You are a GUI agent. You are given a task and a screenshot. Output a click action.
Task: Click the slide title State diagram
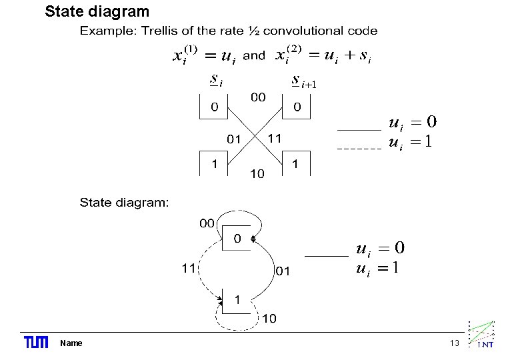[x=97, y=11]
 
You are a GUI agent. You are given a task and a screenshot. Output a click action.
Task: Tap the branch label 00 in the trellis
[x=258, y=97]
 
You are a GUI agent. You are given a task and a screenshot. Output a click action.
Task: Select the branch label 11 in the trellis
[x=275, y=138]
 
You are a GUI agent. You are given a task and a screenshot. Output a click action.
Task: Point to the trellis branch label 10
[x=257, y=174]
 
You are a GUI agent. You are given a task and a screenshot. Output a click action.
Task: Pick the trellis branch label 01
[x=233, y=139]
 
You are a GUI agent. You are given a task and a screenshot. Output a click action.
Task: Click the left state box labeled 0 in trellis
[x=214, y=107]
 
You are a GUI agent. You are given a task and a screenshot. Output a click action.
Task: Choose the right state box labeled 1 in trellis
[x=296, y=164]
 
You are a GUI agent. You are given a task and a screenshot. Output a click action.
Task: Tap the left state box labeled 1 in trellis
[x=214, y=164]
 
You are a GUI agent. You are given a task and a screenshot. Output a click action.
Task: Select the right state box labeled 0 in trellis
[x=297, y=107]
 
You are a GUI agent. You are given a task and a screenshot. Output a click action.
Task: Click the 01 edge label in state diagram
[x=283, y=271]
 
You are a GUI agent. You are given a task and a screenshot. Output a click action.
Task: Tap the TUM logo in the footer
[x=36, y=343]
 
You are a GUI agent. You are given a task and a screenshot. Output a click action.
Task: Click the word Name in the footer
[x=71, y=343]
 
